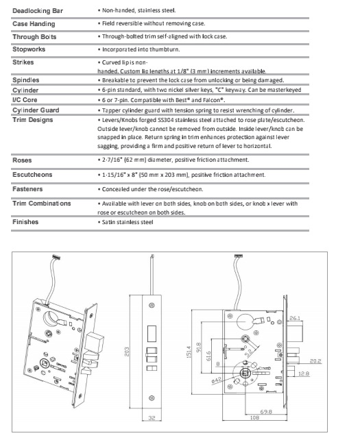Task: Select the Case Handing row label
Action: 34,23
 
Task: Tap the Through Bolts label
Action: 35,36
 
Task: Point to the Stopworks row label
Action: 32,49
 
